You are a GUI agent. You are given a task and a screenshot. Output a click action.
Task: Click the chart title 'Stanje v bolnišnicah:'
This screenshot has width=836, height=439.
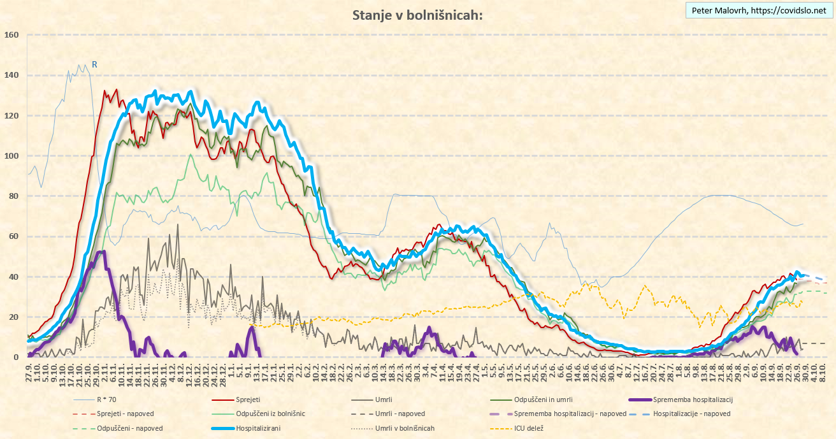[x=417, y=15]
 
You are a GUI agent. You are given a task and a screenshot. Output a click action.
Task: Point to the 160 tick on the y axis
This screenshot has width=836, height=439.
[x=13, y=35]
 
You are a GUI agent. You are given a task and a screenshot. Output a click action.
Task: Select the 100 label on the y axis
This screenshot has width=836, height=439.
[x=13, y=156]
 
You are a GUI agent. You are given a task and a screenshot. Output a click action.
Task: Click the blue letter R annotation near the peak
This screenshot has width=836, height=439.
[x=94, y=64]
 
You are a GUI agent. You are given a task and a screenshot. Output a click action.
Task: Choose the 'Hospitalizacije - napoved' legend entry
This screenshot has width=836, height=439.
[x=691, y=414]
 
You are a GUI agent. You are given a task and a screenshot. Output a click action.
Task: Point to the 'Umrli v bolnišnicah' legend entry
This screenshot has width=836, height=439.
[x=405, y=428]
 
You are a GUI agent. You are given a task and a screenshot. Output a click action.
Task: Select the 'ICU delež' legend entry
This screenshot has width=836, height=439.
[x=528, y=428]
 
